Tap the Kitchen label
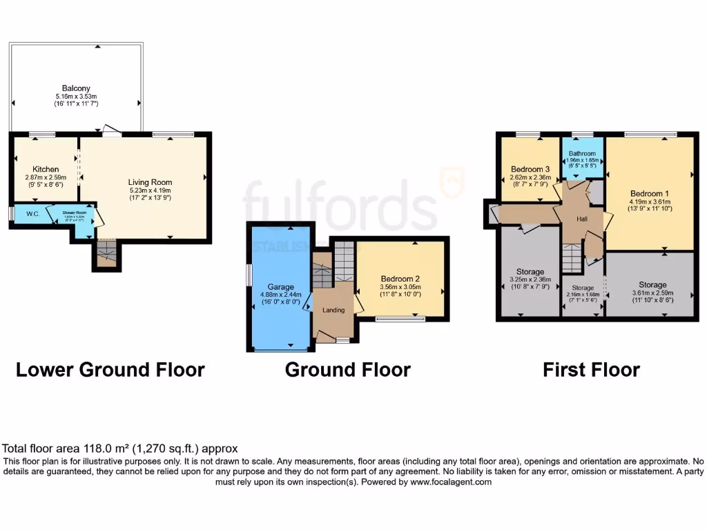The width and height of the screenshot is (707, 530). [46, 169]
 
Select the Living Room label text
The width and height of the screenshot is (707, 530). [149, 182]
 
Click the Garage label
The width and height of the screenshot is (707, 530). [281, 287]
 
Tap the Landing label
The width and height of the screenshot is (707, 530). [333, 311]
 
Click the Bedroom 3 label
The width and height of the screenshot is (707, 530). [530, 169]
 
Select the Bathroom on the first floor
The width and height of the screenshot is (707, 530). [581, 155]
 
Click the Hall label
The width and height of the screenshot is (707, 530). [582, 219]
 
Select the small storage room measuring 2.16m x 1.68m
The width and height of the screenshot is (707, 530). [582, 288]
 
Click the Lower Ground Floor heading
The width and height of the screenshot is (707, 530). [110, 370]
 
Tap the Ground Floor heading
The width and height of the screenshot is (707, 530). [348, 370]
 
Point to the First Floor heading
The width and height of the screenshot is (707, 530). [591, 370]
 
